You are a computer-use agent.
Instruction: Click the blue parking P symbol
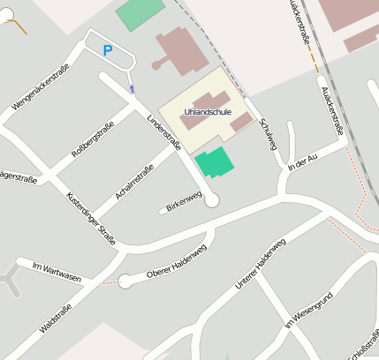pyautogui.click(x=108, y=51)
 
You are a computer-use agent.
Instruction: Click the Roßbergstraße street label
pyautogui.click(x=93, y=143)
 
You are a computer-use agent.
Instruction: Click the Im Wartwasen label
pyautogui.click(x=56, y=272)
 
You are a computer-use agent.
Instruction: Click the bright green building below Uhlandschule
pyautogui.click(x=215, y=162)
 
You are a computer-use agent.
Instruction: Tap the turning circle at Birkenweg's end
pyautogui.click(x=211, y=201)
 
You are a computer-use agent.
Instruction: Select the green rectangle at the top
pyautogui.click(x=140, y=13)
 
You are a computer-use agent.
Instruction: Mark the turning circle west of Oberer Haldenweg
pyautogui.click(x=125, y=281)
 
